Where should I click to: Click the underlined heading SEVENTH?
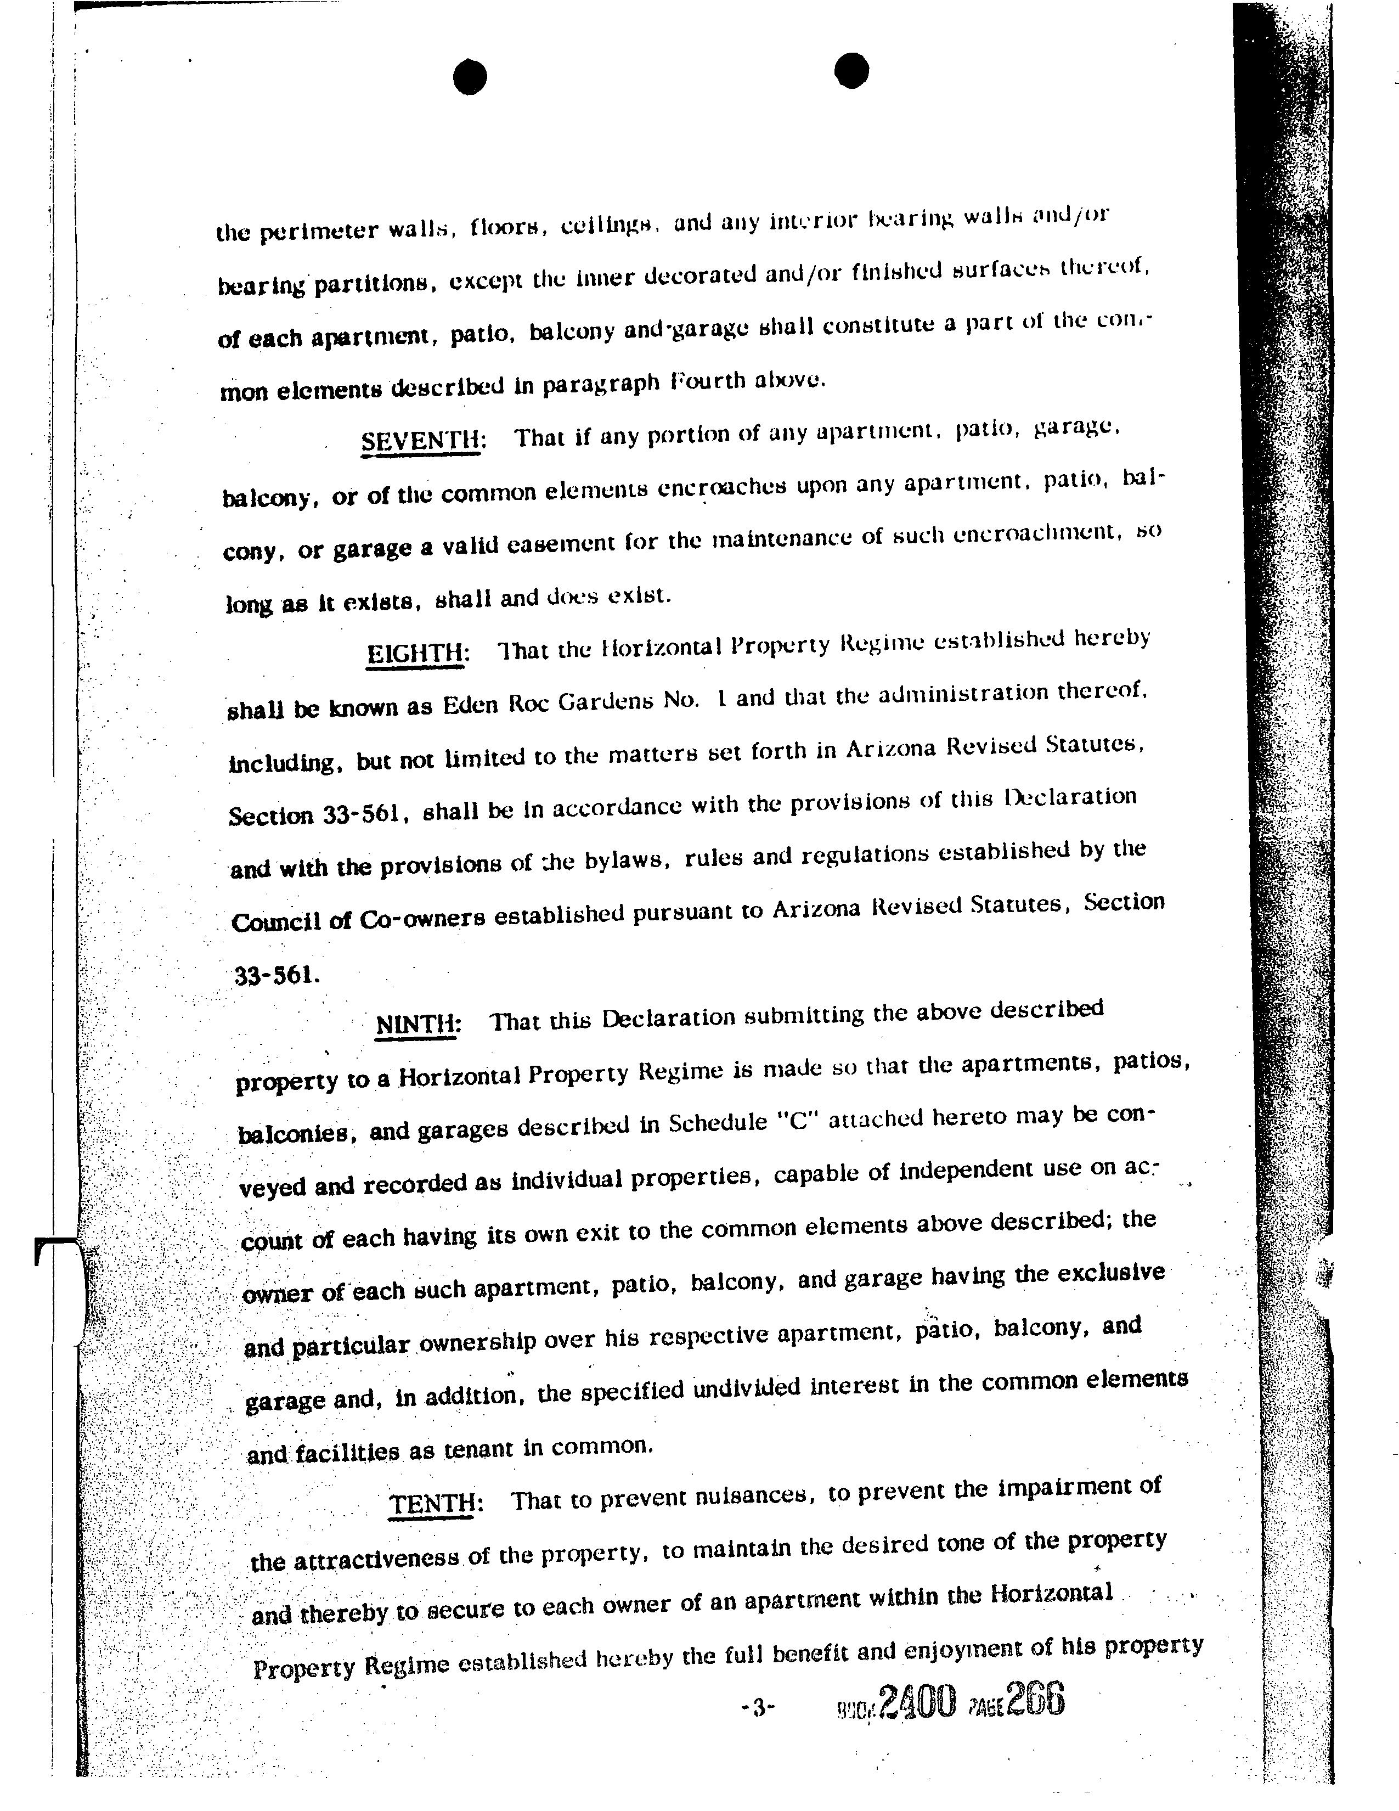(x=421, y=440)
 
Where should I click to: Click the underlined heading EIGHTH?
(x=417, y=653)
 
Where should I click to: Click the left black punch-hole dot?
(x=470, y=77)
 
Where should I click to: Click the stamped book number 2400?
(x=917, y=1702)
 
